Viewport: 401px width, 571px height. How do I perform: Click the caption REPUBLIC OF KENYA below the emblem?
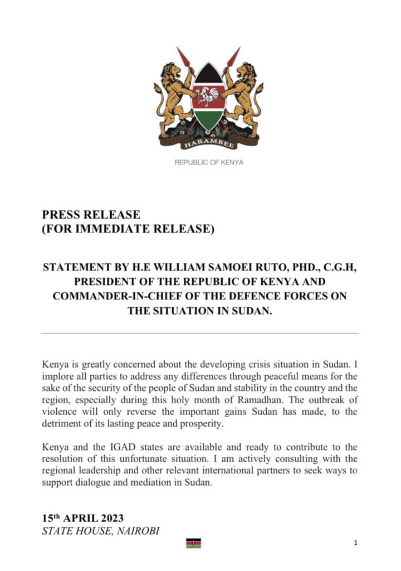tap(209, 162)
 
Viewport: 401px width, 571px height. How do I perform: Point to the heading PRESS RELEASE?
tap(91, 215)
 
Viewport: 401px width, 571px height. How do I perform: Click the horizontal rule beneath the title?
tap(200, 333)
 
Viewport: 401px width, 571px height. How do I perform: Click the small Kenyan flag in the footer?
tap(193, 543)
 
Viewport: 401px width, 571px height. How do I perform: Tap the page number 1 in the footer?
tap(355, 543)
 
